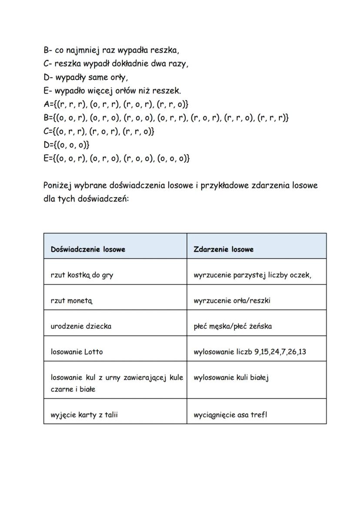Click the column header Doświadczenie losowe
pos(88,249)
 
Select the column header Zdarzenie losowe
pos(223,249)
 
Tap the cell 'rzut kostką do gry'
pos(82,275)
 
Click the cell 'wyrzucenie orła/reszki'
pos(232,301)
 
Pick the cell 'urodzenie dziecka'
pos(81,326)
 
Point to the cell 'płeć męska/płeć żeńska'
pos(233,326)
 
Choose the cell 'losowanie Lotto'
pos(77,352)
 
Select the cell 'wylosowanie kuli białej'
pos(231,378)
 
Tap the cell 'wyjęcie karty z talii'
pos(84,415)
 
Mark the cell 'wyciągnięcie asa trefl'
pos(230,415)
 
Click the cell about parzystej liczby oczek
pos(253,275)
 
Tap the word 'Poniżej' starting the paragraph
pos(58,186)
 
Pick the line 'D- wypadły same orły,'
pos(86,77)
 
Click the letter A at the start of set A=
pos(47,104)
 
